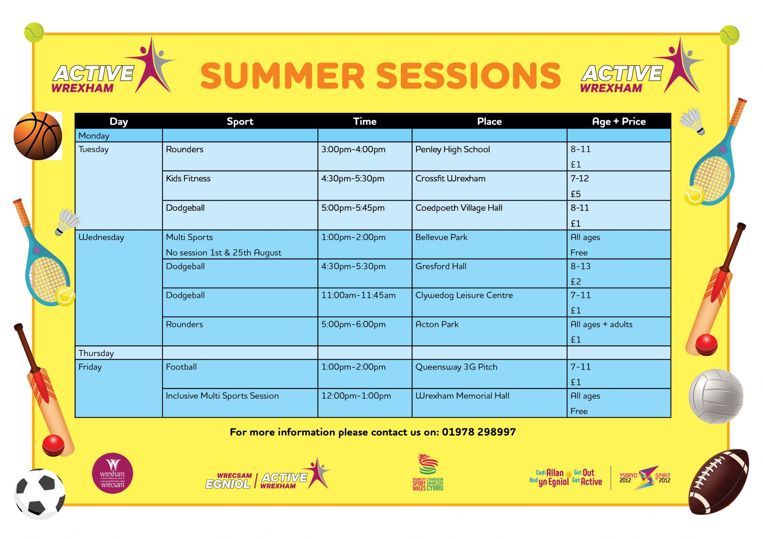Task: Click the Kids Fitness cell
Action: (188, 179)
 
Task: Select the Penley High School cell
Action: (452, 150)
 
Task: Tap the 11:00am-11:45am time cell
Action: (358, 296)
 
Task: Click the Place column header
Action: (489, 122)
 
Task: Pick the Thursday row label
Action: (96, 353)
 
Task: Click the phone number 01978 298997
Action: (479, 432)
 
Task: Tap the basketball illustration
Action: (38, 136)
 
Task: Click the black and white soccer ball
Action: (39, 494)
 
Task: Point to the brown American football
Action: (718, 481)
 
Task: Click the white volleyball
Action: (716, 396)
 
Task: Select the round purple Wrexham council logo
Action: (113, 473)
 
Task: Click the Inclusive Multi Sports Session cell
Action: (222, 396)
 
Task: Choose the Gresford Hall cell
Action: (441, 267)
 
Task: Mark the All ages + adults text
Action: (601, 325)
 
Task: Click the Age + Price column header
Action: (618, 122)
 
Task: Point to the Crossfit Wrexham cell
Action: (450, 179)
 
